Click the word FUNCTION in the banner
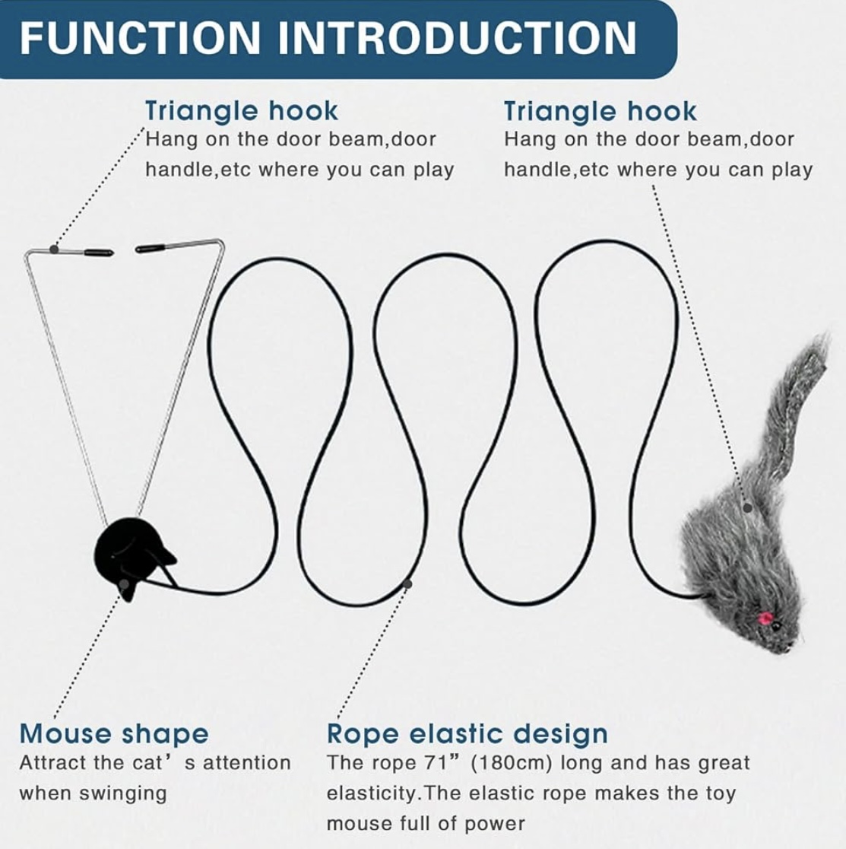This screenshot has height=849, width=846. click(140, 38)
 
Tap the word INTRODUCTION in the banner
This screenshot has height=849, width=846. click(458, 38)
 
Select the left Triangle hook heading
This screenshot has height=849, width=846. click(241, 112)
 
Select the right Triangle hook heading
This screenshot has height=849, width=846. click(600, 112)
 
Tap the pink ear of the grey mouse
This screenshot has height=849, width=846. click(765, 618)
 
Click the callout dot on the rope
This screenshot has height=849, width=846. click(407, 583)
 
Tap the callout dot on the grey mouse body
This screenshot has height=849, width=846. click(747, 508)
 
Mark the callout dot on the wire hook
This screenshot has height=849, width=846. click(53, 249)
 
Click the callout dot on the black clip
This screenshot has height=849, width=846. click(125, 583)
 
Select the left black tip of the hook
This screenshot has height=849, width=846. click(99, 253)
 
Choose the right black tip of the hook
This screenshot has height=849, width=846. click(151, 249)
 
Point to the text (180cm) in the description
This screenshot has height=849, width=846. click(511, 764)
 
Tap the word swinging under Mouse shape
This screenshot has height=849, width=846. click(123, 794)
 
